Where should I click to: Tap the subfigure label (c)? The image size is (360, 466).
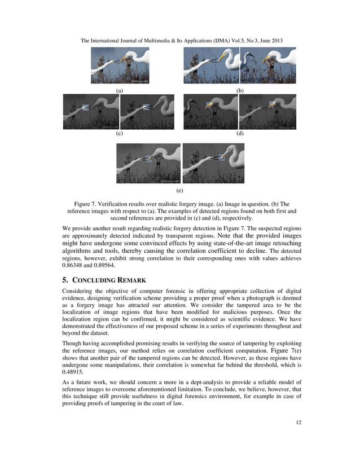click(x=120, y=134)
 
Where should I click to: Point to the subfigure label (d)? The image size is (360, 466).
click(x=240, y=134)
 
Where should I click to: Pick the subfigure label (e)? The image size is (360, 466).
click(x=179, y=191)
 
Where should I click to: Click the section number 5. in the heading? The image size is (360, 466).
click(x=64, y=278)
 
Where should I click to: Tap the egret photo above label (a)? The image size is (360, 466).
click(x=120, y=65)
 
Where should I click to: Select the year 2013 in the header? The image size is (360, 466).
click(x=275, y=41)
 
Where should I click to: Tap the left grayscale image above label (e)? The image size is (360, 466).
click(x=148, y=163)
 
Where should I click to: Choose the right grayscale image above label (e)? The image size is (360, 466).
click(x=213, y=163)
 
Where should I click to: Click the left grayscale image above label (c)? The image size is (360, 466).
click(x=91, y=112)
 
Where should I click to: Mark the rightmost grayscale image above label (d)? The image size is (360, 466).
click(x=267, y=112)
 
